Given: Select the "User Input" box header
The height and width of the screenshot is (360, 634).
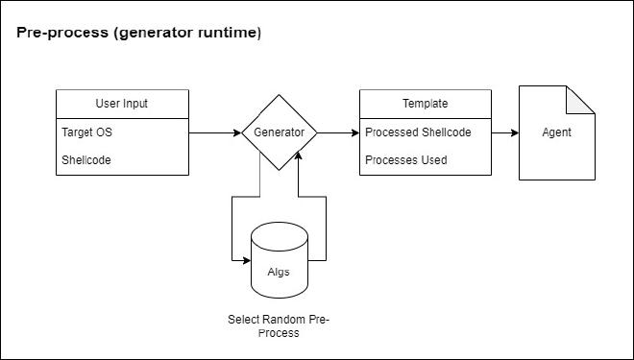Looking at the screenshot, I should (122, 104).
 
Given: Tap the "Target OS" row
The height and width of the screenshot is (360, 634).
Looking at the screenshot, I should (86, 132).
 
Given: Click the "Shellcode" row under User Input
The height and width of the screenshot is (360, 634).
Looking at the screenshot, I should (86, 160).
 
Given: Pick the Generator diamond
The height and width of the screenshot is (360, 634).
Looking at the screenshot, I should (279, 132).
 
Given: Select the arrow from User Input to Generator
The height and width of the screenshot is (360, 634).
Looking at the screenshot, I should (214, 132).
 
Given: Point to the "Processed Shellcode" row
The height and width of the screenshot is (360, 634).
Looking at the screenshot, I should (418, 132).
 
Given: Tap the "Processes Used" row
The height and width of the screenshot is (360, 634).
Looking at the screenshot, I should (405, 160).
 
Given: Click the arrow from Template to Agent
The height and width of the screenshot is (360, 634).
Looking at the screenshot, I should (504, 132).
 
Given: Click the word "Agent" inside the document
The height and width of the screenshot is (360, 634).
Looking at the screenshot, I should (557, 132).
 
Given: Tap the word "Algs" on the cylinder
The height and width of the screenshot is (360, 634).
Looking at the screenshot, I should (278, 272).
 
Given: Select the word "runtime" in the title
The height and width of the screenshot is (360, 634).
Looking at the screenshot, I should (226, 34).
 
